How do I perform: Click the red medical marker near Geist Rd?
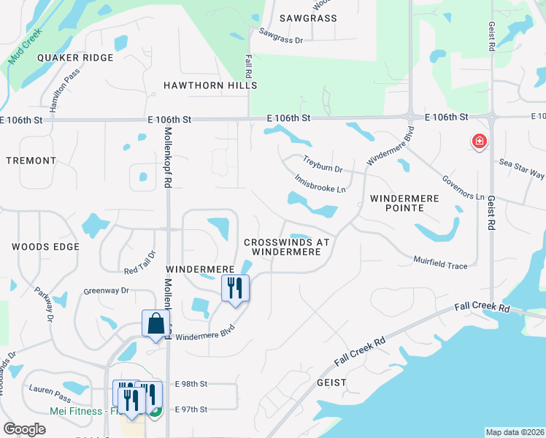pos(480,141)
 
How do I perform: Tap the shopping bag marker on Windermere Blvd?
pos(156,323)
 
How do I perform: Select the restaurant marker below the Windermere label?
pos(235,287)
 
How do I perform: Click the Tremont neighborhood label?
pos(31,160)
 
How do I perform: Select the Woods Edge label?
pos(45,247)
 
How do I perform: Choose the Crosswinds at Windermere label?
pos(287,247)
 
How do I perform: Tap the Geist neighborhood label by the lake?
pos(331,382)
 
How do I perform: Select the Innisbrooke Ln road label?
pos(320,183)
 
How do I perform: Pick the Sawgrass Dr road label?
pos(280,36)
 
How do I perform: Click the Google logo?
pos(24,429)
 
